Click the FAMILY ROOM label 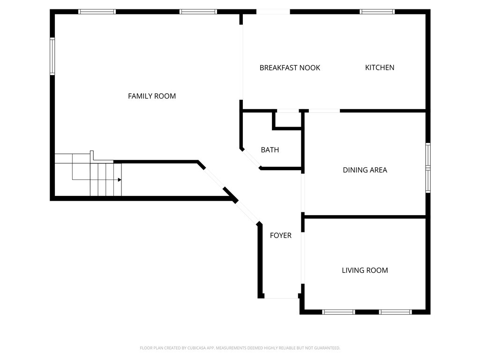point(152,96)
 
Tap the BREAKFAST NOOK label point(290,67)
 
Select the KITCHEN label point(380,67)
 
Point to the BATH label point(270,150)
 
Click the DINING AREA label point(365,170)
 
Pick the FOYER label point(280,235)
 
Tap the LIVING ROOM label point(365,270)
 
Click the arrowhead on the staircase point(120,180)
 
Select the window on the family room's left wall point(52,56)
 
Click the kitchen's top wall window point(377,12)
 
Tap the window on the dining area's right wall point(428,168)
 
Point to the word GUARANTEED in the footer point(329,348)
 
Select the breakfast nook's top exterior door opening point(273,12)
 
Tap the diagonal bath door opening point(251,159)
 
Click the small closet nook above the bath point(287,119)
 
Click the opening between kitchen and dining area point(324,111)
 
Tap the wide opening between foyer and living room point(303,258)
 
